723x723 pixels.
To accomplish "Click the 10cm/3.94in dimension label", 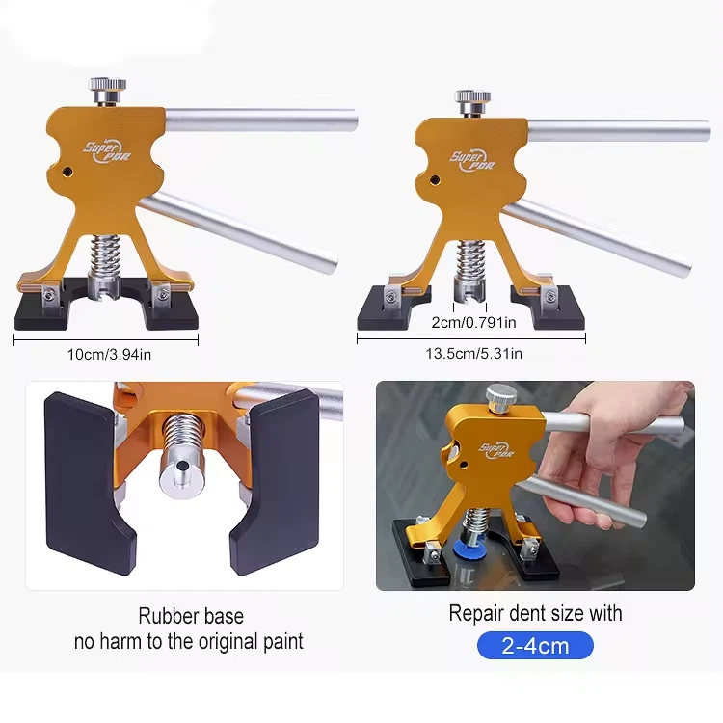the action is [109, 354].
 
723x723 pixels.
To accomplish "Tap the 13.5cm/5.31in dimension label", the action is [473, 353].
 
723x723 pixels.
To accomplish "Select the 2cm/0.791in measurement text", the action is [473, 322].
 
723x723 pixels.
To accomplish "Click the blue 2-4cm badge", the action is [535, 646].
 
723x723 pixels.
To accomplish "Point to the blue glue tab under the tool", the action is [467, 549].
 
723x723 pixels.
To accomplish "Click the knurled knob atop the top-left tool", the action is [107, 91].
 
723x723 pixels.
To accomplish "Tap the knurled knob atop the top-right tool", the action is [472, 102].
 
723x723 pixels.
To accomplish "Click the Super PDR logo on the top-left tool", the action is [106, 151].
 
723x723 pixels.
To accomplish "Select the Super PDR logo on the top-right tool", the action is [471, 160].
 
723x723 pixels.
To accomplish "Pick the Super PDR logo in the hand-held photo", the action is [496, 449].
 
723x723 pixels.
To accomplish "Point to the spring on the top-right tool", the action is [470, 260].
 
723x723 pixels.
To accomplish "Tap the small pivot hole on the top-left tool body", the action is [67, 172].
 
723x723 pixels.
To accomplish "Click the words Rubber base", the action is [191, 616].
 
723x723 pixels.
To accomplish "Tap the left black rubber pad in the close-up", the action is [88, 484].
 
